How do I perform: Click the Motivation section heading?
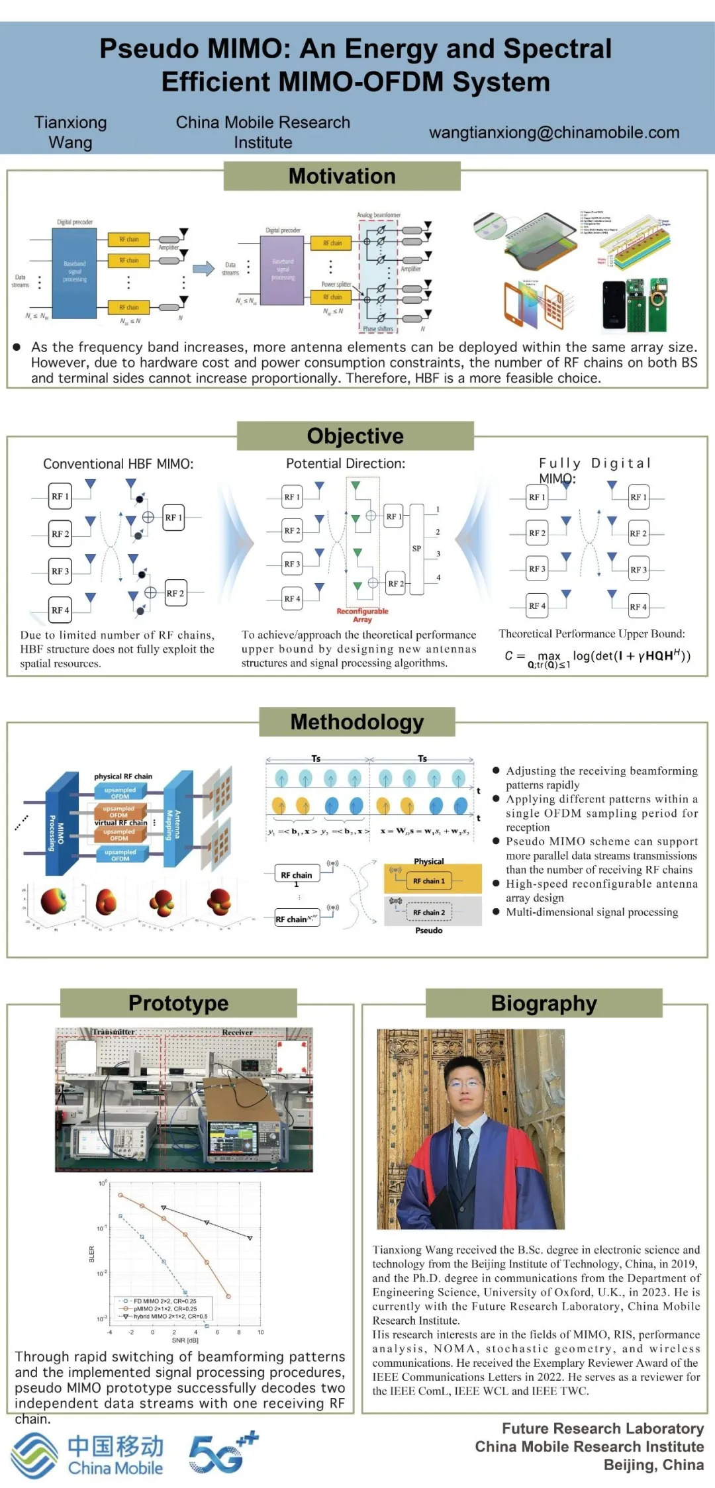click(x=342, y=176)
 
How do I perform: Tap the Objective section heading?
click(x=355, y=436)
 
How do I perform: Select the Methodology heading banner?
click(x=357, y=721)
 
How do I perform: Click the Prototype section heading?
click(x=178, y=1003)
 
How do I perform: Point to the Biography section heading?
click(x=544, y=1003)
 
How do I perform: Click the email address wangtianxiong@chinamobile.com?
click(x=554, y=132)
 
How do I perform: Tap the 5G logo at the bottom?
click(x=222, y=1452)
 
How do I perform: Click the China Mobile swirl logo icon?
click(x=34, y=1454)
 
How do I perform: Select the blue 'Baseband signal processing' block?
click(x=74, y=272)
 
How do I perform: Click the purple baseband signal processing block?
click(x=283, y=270)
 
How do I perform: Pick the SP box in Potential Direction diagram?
click(x=416, y=548)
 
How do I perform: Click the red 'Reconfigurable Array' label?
click(x=362, y=615)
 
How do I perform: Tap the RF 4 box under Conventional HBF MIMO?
click(x=60, y=610)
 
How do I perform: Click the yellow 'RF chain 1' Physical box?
click(x=429, y=880)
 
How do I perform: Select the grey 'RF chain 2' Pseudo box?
click(x=429, y=912)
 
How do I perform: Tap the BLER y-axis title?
click(x=92, y=1254)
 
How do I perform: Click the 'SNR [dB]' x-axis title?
click(x=185, y=1340)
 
